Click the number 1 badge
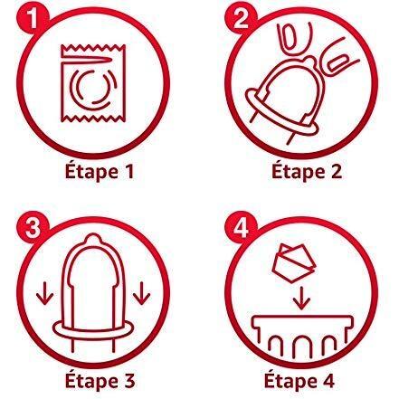[x=32, y=20]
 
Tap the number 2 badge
[x=241, y=20]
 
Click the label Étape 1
[x=100, y=172]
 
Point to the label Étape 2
[x=307, y=172]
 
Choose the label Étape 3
[x=100, y=381]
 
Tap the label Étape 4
[x=299, y=381]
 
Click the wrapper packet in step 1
[x=93, y=83]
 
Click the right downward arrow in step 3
[x=141, y=293]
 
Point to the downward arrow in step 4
[x=301, y=299]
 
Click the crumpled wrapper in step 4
[x=294, y=263]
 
